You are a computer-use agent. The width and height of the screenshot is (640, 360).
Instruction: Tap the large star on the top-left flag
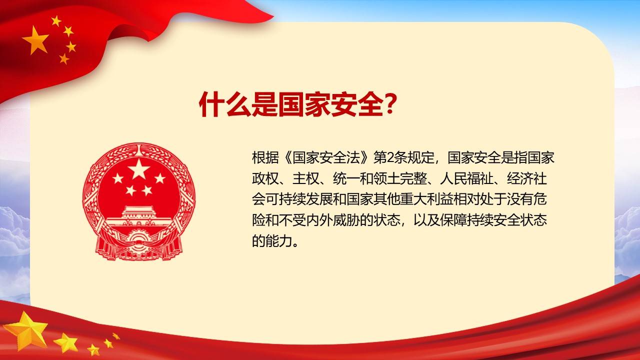[35, 40]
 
